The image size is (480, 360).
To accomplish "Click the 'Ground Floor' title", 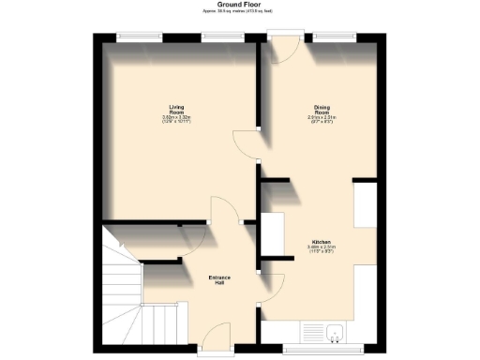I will (x=239, y=4).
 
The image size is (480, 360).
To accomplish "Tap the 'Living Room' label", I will (x=176, y=109).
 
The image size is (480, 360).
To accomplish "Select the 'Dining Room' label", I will (x=321, y=109).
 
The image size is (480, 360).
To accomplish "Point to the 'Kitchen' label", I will (x=321, y=242).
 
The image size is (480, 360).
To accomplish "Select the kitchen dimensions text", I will (x=321, y=249).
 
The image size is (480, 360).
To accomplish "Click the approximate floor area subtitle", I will (x=239, y=10).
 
